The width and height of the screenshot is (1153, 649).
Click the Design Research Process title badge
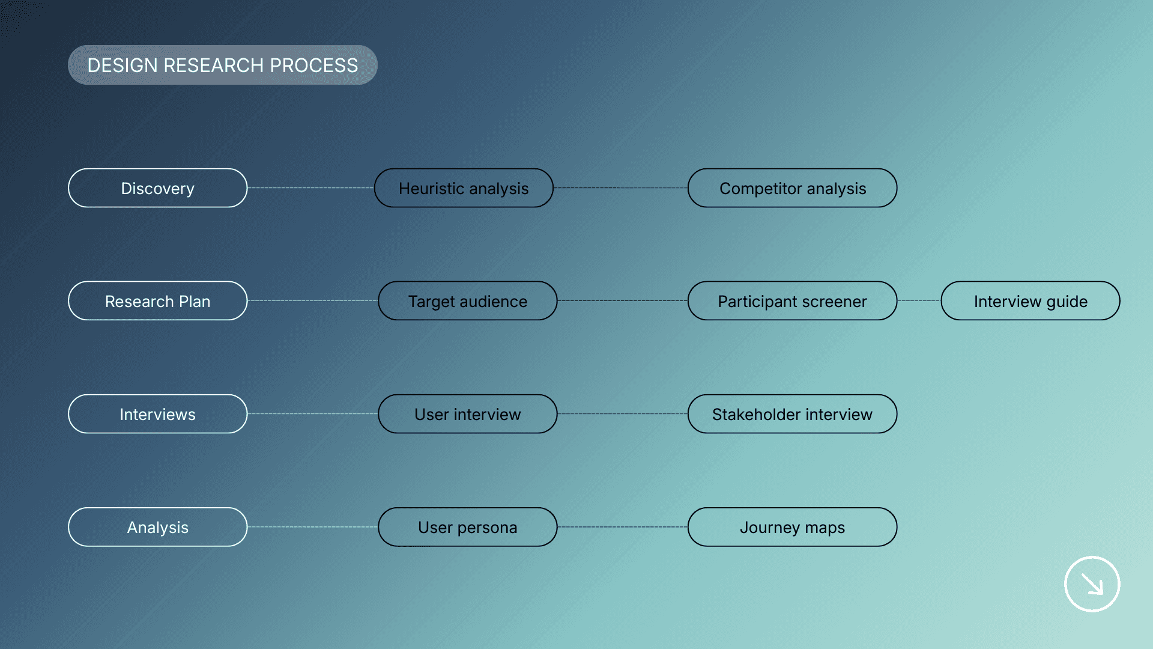[x=222, y=65]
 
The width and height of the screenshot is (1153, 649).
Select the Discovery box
[x=157, y=188]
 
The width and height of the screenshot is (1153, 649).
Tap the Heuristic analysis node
[x=464, y=188]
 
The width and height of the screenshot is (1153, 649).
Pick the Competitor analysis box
[x=792, y=188]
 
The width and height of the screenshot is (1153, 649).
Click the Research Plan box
[x=157, y=301]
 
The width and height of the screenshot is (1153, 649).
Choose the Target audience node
[x=467, y=301]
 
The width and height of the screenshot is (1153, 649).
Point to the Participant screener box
[x=792, y=301]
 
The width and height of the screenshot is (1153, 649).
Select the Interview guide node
[x=1030, y=301]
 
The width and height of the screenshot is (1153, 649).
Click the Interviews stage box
[x=157, y=414]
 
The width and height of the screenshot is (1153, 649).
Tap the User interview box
[x=467, y=414]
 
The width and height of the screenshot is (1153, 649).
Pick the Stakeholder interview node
[x=792, y=414]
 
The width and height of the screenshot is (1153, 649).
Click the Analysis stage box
[x=157, y=527]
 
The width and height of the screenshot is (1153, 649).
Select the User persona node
[x=467, y=527]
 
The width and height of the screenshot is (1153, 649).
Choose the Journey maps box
[x=792, y=527]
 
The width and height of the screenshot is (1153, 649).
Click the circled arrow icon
[x=1092, y=584]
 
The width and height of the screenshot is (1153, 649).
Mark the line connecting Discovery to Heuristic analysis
[x=310, y=188]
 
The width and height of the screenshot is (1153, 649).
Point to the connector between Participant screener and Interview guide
[x=919, y=301]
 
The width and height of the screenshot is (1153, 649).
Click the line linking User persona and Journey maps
[x=622, y=527]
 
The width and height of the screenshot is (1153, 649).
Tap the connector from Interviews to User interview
[x=312, y=414]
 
